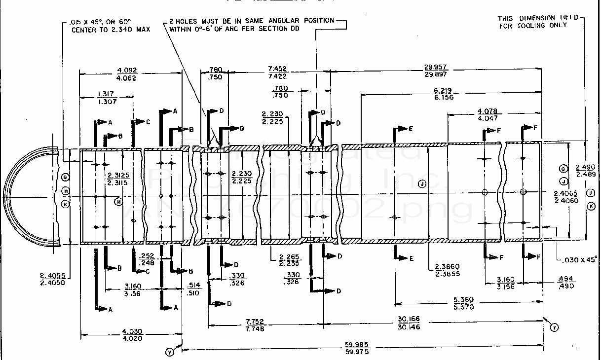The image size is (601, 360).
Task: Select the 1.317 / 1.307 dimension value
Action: pos(107,98)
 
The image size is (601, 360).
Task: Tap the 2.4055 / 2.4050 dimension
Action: pos(52,279)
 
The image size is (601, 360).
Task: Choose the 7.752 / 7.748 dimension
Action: pos(255,324)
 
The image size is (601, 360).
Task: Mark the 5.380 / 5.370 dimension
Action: pos(463,303)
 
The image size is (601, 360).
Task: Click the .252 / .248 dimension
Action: pos(147,259)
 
